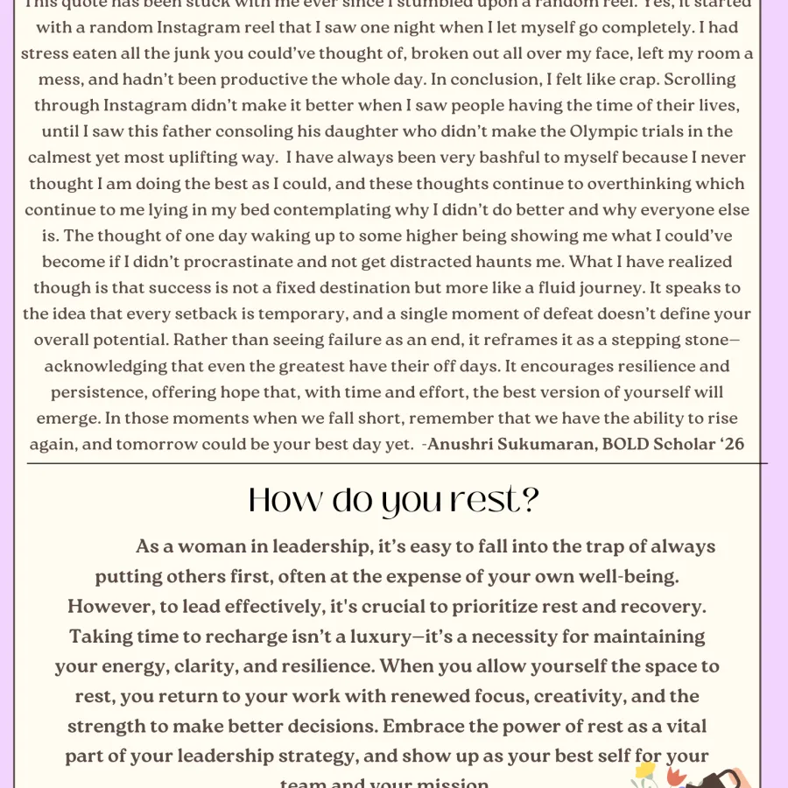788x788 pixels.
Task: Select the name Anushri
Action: click(468, 444)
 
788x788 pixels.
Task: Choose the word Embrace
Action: click(417, 726)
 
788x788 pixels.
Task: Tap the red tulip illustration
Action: click(673, 774)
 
